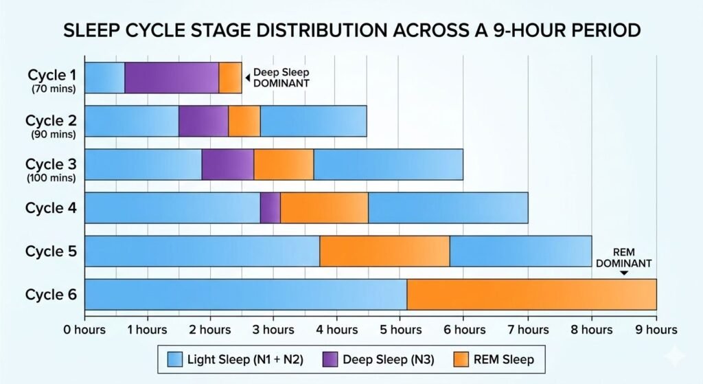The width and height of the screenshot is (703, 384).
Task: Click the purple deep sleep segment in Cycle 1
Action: pyautogui.click(x=172, y=78)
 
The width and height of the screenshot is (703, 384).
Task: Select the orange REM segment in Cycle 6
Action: pyautogui.click(x=531, y=294)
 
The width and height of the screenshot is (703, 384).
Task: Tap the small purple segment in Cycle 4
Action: pyautogui.click(x=270, y=207)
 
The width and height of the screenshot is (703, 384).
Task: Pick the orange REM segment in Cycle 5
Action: pyautogui.click(x=384, y=251)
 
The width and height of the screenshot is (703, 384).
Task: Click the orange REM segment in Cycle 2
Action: pyautogui.click(x=244, y=121)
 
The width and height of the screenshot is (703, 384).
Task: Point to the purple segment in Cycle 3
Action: pyautogui.click(x=227, y=164)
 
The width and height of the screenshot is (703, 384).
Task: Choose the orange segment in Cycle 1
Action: pyautogui.click(x=230, y=78)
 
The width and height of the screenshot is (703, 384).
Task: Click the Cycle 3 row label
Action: pyautogui.click(x=52, y=164)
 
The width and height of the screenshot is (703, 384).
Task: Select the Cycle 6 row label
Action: pyautogui.click(x=52, y=295)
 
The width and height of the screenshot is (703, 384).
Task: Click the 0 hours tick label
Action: pyautogui.click(x=84, y=330)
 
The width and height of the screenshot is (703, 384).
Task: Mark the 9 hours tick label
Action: pyautogui.click(x=656, y=330)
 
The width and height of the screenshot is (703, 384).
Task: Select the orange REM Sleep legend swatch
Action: pyautogui.click(x=461, y=359)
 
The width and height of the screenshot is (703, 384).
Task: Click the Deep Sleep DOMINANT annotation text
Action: pyautogui.click(x=281, y=78)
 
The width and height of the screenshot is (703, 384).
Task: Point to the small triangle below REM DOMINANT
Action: pyautogui.click(x=623, y=273)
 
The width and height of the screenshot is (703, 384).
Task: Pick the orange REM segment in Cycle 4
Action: pyautogui.click(x=324, y=207)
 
